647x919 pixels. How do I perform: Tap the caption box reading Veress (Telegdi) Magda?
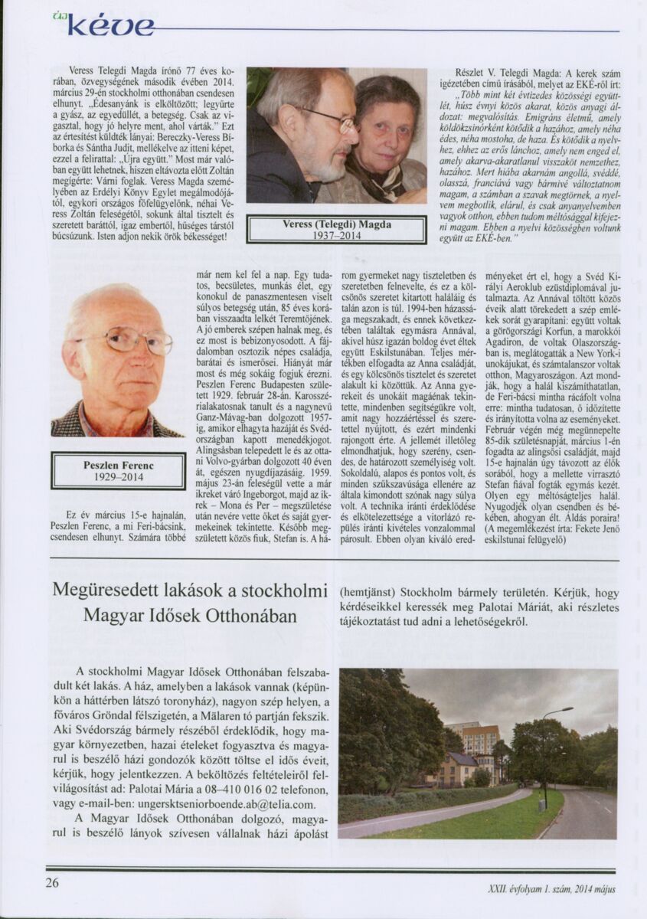(x=336, y=224)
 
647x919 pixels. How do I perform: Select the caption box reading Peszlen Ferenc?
(x=118, y=465)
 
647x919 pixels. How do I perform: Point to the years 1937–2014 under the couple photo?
(x=336, y=236)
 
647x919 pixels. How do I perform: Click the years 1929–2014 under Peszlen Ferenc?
(x=118, y=477)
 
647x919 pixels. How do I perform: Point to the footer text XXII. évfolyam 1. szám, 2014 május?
(x=551, y=889)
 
